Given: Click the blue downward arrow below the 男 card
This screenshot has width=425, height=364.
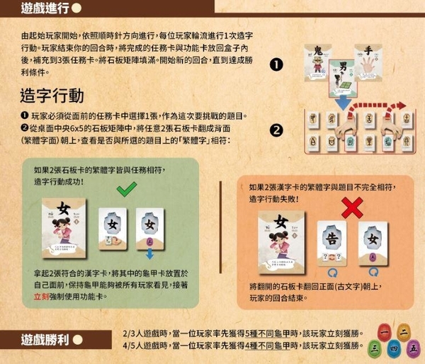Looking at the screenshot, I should pos(342,104).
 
